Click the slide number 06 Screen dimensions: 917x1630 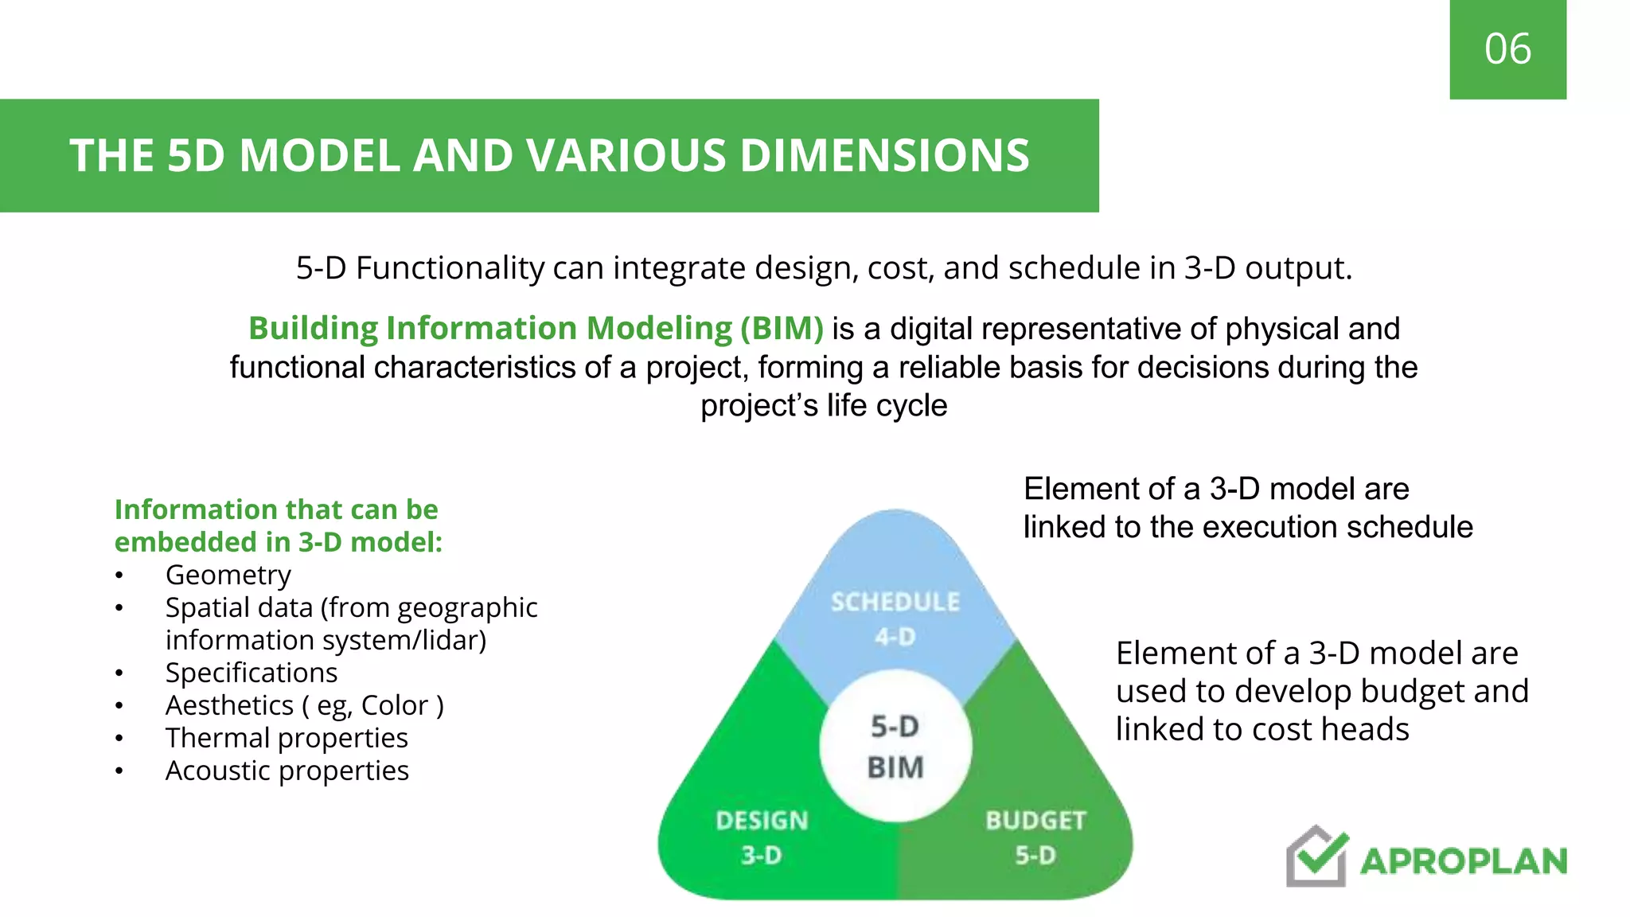pyautogui.click(x=1507, y=49)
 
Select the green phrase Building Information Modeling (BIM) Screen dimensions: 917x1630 pyautogui.click(x=536, y=329)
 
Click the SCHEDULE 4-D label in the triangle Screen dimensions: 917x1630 pyautogui.click(x=895, y=618)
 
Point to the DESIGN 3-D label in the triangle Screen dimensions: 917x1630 pyautogui.click(x=762, y=837)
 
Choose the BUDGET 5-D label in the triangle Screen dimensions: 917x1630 pyautogui.click(x=1035, y=837)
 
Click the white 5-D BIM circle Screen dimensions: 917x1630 pyautogui.click(x=895, y=747)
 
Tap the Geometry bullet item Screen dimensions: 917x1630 pyautogui.click(x=228, y=575)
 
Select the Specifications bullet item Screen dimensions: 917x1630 pyautogui.click(x=251, y=673)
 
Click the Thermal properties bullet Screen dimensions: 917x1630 pyautogui.click(x=287, y=738)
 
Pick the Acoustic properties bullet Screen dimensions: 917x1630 pyautogui.click(x=287, y=771)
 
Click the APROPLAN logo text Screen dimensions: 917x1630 pyautogui.click(x=1463, y=861)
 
